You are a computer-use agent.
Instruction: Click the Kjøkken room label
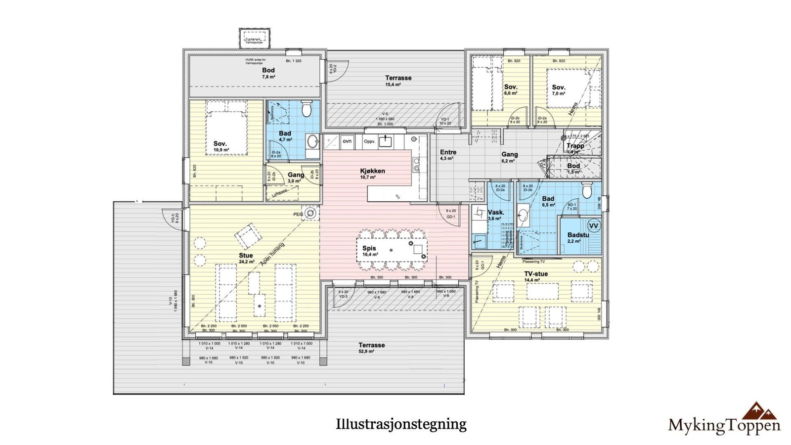point(372,172)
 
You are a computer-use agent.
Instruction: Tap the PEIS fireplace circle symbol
point(310,213)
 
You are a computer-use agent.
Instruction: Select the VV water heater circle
point(594,226)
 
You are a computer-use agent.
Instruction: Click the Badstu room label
point(578,235)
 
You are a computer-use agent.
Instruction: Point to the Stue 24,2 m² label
point(246,256)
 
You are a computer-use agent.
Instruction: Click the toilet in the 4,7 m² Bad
point(307,109)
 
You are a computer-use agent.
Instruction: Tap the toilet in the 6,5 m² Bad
point(587,190)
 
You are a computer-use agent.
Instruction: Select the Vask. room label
point(496,213)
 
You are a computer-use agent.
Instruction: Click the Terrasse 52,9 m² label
point(371,346)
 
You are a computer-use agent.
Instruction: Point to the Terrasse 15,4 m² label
point(398,78)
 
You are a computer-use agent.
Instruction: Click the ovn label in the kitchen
point(347,141)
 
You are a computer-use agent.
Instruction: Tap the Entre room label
point(448,153)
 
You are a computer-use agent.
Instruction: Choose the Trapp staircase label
point(575,146)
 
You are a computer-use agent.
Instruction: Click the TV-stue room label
point(536,274)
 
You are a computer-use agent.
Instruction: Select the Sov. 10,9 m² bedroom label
point(220,144)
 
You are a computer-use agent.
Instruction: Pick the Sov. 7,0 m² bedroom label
point(559,88)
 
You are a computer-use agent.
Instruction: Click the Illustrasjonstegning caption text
point(401,424)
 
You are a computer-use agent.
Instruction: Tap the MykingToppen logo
point(724,419)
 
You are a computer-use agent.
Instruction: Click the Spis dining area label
point(369,249)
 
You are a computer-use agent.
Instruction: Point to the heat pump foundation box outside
point(255,38)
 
